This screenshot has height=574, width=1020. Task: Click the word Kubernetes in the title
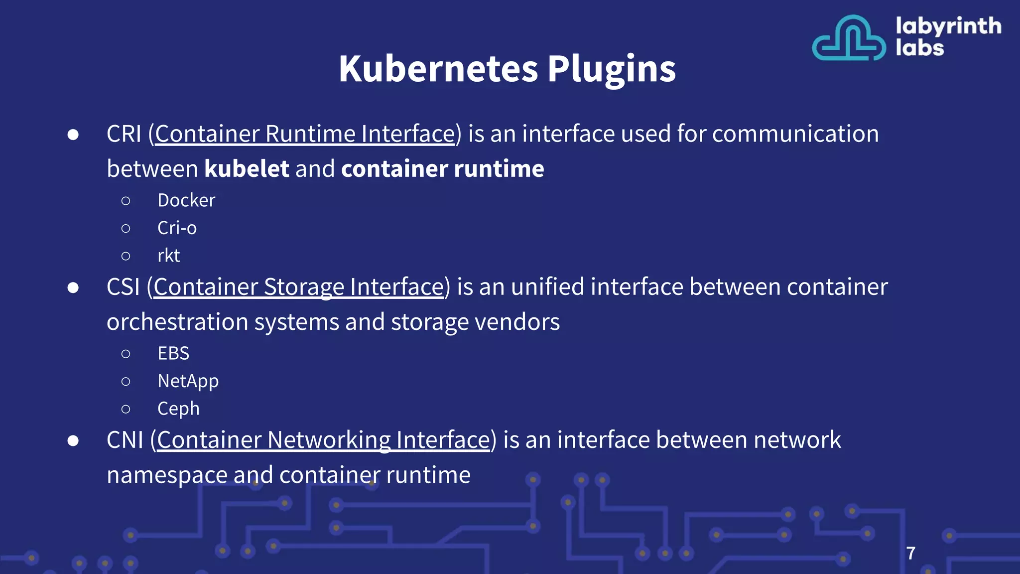tap(438, 68)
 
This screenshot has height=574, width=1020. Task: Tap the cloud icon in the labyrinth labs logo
tap(849, 38)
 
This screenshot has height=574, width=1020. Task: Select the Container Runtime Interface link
tap(305, 134)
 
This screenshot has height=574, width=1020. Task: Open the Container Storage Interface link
tap(298, 287)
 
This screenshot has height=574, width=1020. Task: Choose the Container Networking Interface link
tap(323, 440)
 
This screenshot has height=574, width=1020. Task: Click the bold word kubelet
tap(247, 169)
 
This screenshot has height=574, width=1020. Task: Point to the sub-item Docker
tap(186, 200)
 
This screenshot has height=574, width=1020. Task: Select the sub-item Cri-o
tap(177, 228)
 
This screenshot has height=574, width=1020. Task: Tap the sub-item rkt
tap(168, 256)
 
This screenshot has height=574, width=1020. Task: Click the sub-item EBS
tap(173, 353)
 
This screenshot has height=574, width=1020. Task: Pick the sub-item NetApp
tap(188, 381)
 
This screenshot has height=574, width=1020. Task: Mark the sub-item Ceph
tap(178, 409)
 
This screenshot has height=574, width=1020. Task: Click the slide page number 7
tap(910, 553)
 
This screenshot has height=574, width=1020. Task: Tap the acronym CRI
tap(124, 134)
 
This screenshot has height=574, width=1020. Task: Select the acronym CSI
tap(123, 287)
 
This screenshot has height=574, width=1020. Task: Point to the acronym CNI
tap(125, 440)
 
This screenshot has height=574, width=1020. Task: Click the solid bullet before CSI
tap(73, 287)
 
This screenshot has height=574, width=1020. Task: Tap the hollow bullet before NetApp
tap(126, 382)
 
